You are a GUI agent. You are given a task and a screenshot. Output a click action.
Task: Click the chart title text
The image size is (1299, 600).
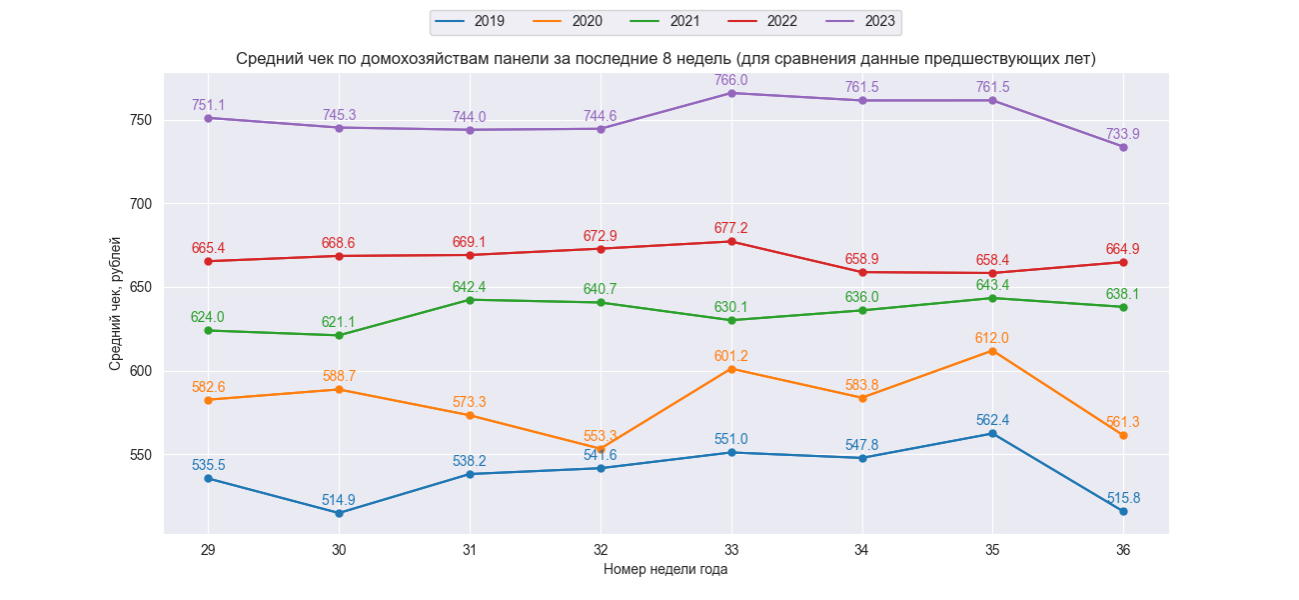(x=665, y=58)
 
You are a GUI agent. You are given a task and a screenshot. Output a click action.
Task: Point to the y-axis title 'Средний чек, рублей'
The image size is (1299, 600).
(x=116, y=303)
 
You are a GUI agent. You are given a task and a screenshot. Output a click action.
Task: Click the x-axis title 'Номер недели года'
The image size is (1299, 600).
(x=665, y=569)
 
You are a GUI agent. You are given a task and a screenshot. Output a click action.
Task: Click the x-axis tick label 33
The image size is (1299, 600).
(x=731, y=549)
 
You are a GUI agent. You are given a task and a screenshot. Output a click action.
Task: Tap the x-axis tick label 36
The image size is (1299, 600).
(x=1123, y=549)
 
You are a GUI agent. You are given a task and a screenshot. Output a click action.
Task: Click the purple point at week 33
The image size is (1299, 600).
(x=731, y=93)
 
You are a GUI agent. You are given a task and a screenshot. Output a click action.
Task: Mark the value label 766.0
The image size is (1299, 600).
(x=731, y=80)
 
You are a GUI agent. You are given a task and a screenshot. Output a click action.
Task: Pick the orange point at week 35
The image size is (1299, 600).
(x=992, y=351)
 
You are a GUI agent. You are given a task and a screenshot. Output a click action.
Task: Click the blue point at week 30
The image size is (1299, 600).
(x=339, y=513)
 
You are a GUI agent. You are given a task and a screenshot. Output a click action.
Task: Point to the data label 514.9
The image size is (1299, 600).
(x=339, y=500)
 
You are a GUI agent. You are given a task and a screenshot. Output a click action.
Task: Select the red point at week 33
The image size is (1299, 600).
(x=731, y=241)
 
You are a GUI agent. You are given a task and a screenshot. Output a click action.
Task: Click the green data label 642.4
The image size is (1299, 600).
(x=470, y=287)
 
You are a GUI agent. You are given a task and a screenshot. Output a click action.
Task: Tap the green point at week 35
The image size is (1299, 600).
(x=992, y=298)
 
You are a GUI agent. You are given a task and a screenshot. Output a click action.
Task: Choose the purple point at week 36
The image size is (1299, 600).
(x=1123, y=147)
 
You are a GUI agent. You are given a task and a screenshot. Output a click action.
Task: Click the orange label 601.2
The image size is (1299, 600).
(x=731, y=356)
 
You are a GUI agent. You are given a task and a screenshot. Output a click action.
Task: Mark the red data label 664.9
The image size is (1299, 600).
(x=1123, y=249)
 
